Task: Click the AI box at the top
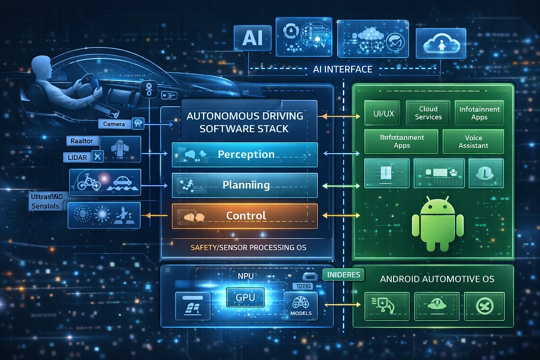(x=252, y=38)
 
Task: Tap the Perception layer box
(x=245, y=154)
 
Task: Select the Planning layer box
(x=245, y=185)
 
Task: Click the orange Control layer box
(x=245, y=216)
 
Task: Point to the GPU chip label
(x=245, y=297)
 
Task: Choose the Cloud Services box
(x=428, y=113)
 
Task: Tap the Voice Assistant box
(x=473, y=141)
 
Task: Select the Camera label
(x=114, y=124)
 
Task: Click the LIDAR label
(x=78, y=157)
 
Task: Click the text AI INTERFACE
(x=343, y=69)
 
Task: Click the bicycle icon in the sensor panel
(x=88, y=182)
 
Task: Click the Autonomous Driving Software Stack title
(x=245, y=122)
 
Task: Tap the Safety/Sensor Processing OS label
(x=248, y=247)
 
